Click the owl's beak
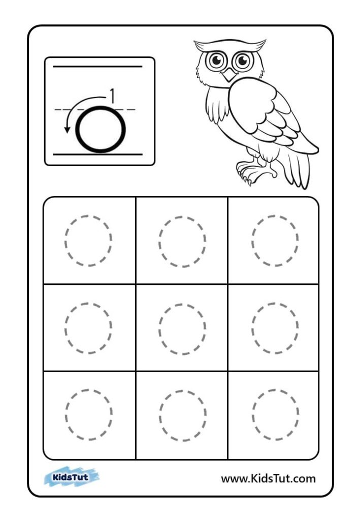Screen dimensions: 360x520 [229, 75]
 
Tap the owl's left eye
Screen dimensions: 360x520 [216, 60]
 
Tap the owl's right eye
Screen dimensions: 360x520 [243, 61]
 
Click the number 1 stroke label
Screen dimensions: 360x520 [112, 95]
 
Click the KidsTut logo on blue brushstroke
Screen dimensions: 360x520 [72, 477]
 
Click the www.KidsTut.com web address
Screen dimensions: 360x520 [268, 478]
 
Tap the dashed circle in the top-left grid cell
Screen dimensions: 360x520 [65, 241]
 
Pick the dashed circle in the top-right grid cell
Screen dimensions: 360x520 [252, 240]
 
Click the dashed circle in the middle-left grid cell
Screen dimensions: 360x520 [66, 328]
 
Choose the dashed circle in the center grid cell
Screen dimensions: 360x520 [159, 329]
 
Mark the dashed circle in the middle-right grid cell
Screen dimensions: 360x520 [252, 328]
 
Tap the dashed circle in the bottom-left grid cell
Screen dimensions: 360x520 [66, 414]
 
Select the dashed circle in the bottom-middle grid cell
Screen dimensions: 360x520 [159, 415]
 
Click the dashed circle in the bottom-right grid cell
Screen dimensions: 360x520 [252, 414]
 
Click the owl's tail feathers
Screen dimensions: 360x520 [299, 169]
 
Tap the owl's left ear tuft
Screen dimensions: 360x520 [201, 45]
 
